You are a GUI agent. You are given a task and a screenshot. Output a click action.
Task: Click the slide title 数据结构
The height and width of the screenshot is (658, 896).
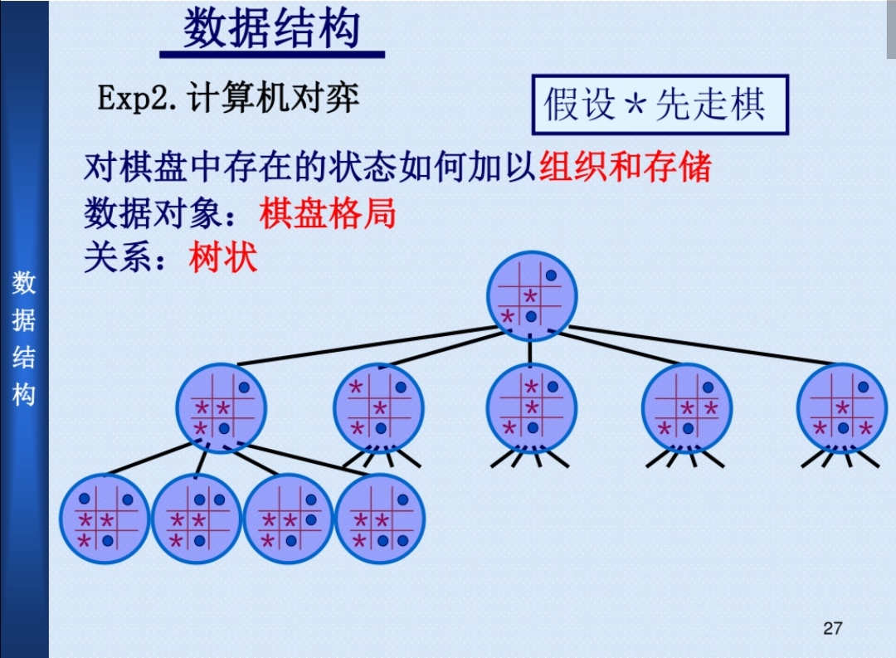271,29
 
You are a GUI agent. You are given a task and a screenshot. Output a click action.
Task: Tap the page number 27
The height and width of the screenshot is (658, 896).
833,628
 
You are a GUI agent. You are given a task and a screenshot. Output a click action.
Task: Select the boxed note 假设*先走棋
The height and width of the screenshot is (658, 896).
660,105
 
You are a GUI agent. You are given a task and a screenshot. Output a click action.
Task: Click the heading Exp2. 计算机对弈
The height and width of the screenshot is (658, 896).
228,99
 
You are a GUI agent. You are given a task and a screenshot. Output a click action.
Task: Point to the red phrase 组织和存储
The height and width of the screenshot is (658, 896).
626,168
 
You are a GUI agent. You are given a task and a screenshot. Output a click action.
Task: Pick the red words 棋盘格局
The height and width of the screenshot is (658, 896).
328,213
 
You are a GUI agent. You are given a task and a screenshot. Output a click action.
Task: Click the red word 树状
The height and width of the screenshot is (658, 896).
223,257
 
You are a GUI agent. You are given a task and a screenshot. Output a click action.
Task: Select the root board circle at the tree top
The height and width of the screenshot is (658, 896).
532,296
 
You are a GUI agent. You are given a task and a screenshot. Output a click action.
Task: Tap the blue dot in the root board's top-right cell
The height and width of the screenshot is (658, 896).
551,275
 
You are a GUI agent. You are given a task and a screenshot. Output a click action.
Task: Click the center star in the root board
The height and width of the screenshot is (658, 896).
530,296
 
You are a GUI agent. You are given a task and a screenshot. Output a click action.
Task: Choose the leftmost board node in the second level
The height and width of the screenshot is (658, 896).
222,407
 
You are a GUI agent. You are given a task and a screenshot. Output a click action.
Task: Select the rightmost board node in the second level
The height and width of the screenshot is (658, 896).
842,407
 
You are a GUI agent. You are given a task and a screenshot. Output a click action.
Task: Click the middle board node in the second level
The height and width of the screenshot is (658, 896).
532,407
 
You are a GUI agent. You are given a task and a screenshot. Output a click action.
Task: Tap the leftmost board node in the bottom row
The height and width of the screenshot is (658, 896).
105,519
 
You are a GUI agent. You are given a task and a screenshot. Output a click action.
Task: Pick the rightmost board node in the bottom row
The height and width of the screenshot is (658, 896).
380,519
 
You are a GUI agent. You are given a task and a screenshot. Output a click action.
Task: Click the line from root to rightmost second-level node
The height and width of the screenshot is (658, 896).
705,346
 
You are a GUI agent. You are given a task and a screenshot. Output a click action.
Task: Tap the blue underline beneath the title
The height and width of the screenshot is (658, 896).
271,55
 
